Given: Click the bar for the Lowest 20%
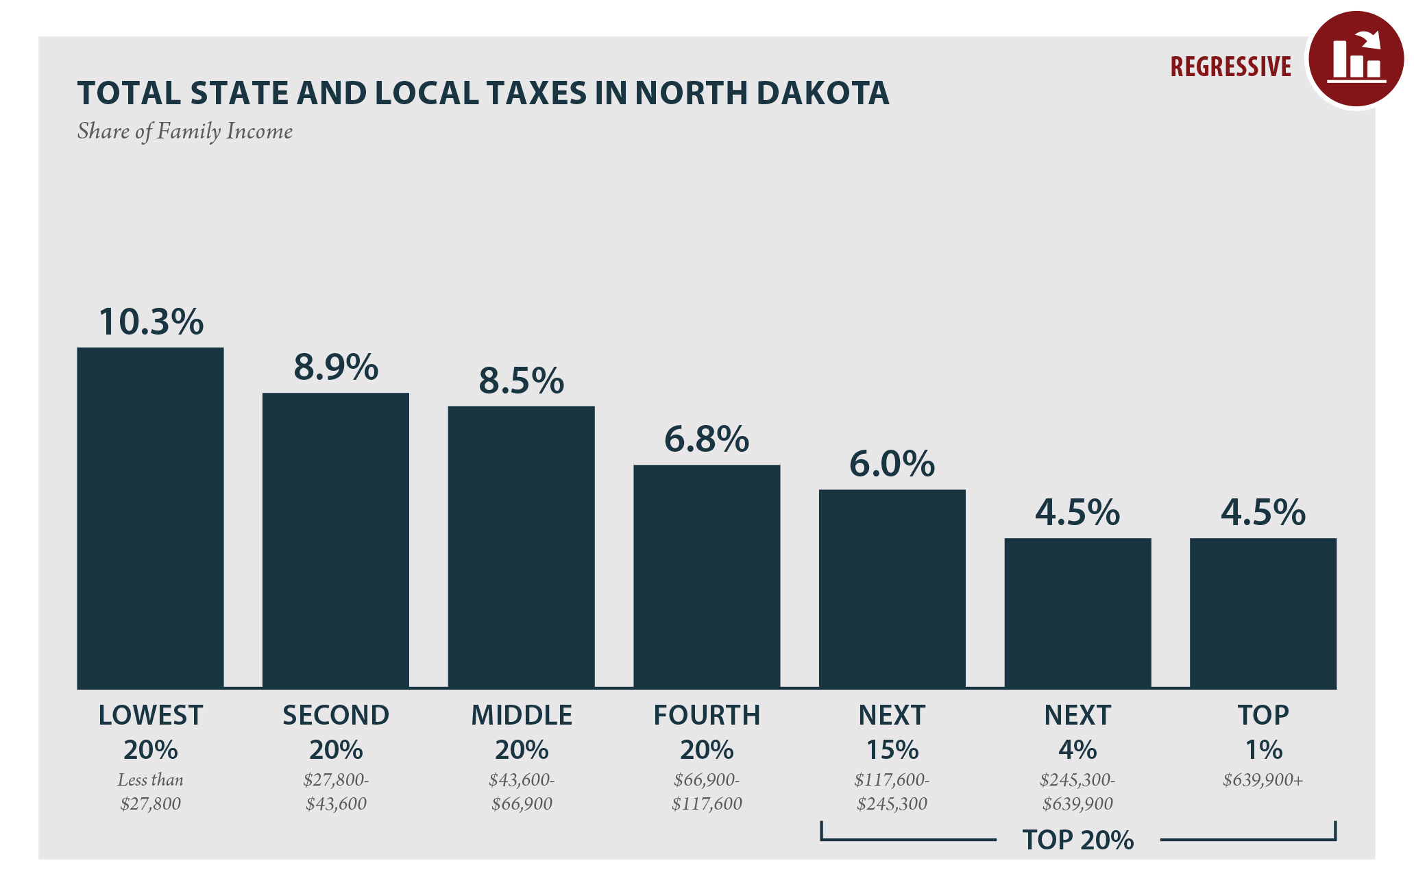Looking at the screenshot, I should tap(150, 518).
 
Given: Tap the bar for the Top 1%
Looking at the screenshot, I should tap(1263, 613).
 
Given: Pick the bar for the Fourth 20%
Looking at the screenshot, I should tap(707, 577).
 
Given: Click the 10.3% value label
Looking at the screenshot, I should tap(151, 322).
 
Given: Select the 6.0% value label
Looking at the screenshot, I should tap(892, 464).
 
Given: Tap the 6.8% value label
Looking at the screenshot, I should tap(707, 439).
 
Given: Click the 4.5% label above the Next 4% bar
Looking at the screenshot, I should tap(1077, 513).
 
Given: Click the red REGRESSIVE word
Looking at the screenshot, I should tap(1230, 67).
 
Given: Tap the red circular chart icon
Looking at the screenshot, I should tap(1356, 60).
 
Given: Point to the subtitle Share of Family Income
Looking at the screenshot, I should tap(185, 131).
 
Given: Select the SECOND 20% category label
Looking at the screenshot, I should tap(336, 732).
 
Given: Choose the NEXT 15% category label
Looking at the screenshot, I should tap(892, 732).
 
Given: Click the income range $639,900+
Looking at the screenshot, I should tap(1263, 780).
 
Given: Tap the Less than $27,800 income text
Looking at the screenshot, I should tap(150, 792).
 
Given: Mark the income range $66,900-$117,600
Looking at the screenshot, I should tap(707, 792).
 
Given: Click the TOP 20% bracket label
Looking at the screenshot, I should tap(1077, 840).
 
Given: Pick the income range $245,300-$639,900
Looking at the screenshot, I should tap(1077, 792).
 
